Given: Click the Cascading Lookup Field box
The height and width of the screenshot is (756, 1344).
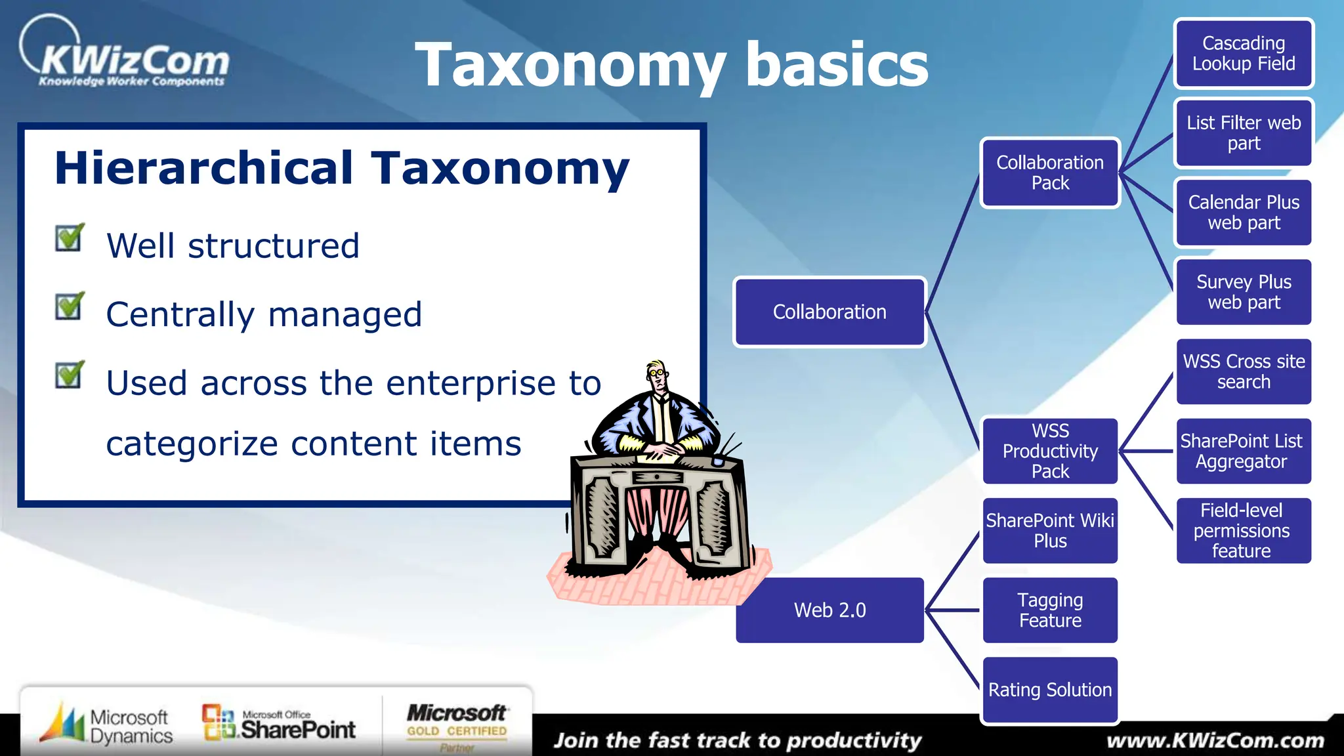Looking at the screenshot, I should coord(1244,54).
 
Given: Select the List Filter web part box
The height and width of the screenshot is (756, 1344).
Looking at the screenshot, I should coord(1244,133).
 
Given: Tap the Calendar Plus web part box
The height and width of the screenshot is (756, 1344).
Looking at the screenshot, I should coord(1244,213).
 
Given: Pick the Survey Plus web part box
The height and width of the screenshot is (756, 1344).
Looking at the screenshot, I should coord(1244,292).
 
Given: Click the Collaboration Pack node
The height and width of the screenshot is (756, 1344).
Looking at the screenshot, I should coord(1050,173).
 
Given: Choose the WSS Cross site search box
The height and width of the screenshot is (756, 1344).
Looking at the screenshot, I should coord(1244,371).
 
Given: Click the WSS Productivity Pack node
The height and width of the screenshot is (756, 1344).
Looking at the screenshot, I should coord(1050,451).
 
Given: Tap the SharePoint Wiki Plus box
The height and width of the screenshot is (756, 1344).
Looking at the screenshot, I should coord(1050,531).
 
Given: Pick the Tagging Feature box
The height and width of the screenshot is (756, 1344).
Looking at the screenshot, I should coord(1050,610).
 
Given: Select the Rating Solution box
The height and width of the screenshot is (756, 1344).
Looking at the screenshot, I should coord(1050,690).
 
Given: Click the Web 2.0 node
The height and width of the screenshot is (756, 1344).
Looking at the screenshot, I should coord(829,610).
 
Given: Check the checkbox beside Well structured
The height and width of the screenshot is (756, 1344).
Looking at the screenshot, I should coord(69,238).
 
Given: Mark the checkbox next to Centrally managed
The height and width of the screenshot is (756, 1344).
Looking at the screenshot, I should coord(69,306).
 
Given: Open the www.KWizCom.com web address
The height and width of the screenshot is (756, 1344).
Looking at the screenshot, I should coord(1215,741).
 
